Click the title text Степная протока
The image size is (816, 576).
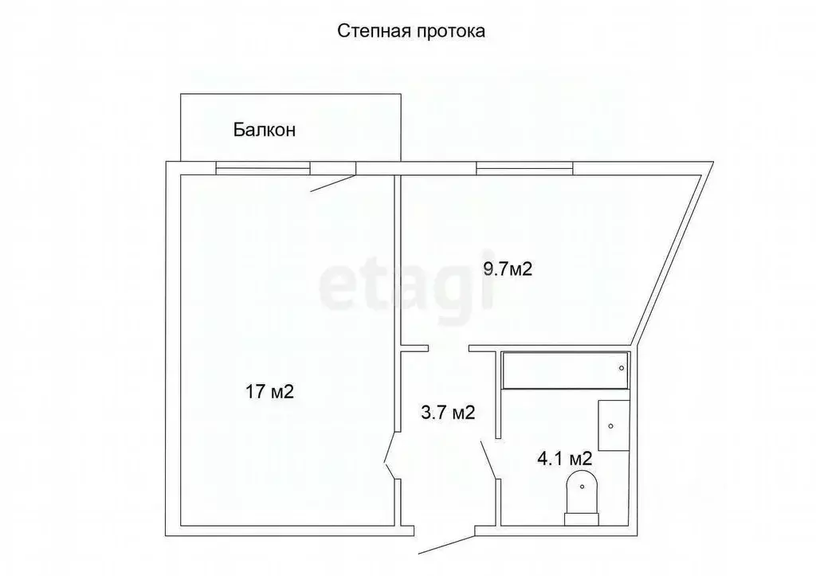412,31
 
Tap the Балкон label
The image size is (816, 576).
265,130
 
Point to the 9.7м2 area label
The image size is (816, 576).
507,269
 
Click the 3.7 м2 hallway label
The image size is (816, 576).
448,413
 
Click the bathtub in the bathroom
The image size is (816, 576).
564,370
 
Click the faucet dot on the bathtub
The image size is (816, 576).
622,368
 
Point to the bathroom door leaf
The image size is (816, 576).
488,460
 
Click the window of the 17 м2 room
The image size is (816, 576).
263,167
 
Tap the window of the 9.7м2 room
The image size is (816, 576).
524,167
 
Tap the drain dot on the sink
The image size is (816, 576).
610,426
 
